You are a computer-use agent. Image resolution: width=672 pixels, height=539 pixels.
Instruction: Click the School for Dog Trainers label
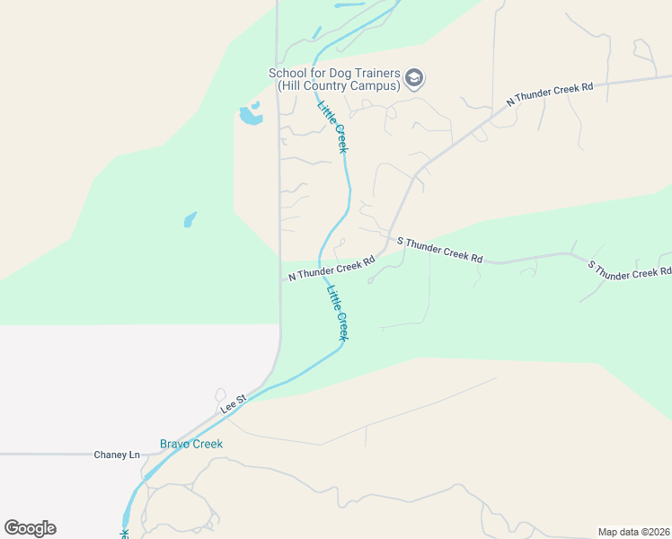pos(334,79)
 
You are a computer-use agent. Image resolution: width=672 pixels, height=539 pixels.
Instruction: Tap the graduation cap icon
pos(414,79)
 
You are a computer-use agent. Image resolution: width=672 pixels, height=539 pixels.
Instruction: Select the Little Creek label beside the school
pos(332,126)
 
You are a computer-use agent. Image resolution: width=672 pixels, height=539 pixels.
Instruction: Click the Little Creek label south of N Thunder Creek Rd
pos(337,312)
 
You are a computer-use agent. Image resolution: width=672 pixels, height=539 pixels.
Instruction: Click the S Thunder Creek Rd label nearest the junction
pos(439,250)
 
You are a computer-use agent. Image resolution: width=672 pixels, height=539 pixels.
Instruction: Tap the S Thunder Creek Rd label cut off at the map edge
pos(629,269)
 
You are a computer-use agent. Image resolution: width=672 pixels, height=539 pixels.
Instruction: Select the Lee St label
pos(234,404)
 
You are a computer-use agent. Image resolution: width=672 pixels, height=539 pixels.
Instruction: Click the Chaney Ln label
pos(117,455)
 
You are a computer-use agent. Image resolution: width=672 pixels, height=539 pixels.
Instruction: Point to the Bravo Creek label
pos(190,444)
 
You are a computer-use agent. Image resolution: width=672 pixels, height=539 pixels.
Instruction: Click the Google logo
pos(30,528)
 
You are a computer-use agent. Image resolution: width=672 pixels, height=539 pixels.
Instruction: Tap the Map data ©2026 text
pos(633,532)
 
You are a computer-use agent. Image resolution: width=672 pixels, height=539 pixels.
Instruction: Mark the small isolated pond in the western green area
pos(190,219)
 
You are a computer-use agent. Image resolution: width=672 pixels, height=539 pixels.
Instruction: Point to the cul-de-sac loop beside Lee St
pos(220,395)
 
